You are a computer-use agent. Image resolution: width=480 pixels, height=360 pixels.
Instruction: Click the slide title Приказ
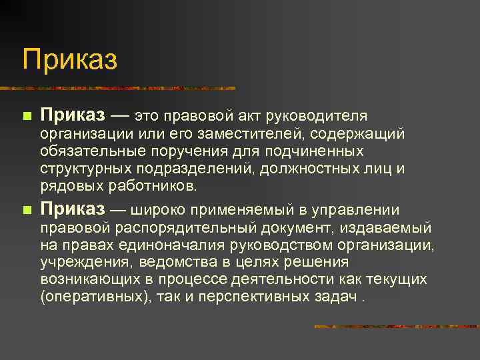(x=69, y=60)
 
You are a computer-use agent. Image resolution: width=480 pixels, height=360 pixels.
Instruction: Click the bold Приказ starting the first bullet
(x=73, y=115)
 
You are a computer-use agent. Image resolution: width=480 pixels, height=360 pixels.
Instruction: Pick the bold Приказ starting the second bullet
(x=73, y=209)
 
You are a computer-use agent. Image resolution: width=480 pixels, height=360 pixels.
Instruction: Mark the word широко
(x=158, y=211)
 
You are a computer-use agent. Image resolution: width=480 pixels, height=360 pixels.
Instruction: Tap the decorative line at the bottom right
(x=396, y=327)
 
